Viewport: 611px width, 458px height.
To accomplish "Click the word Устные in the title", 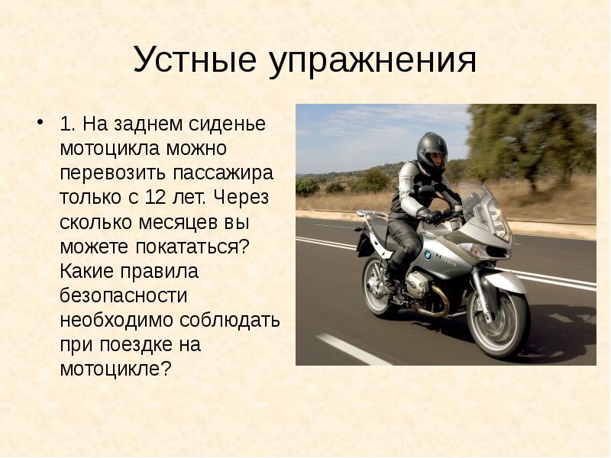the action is tap(195, 60).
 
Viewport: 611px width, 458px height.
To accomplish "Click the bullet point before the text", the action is tap(40, 121).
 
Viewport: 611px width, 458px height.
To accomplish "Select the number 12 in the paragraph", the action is tap(156, 197).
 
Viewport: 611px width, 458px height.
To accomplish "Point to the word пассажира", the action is tap(223, 174).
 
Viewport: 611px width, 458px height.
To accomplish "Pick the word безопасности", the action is tap(124, 296).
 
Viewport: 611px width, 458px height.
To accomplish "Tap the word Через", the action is tap(241, 198).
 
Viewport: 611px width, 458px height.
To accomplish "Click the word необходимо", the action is tap(117, 321).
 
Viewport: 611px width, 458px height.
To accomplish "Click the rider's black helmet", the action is tap(432, 152).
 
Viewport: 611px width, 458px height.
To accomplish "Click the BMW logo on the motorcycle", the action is tap(428, 255).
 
